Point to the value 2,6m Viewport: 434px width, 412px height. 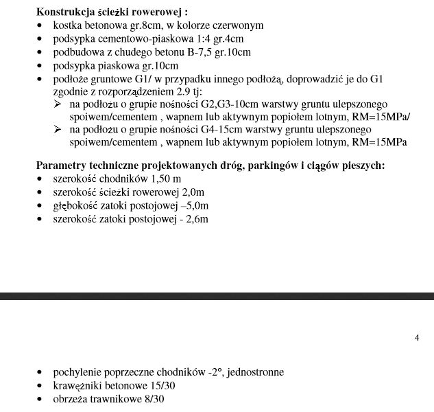(x=195, y=219)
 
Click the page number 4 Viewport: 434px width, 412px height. (x=417, y=337)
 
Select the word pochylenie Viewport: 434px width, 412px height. (x=77, y=372)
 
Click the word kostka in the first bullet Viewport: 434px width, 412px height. (x=67, y=25)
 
